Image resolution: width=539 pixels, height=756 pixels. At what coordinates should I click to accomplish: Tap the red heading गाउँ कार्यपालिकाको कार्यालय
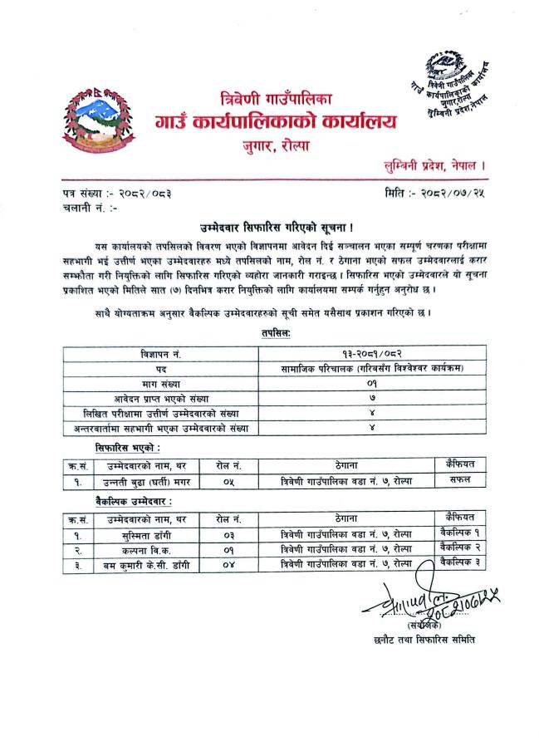(275, 123)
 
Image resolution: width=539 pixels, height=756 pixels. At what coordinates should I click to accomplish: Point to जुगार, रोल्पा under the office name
(274, 146)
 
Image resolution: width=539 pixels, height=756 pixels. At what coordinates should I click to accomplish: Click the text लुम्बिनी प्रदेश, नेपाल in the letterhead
(431, 167)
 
